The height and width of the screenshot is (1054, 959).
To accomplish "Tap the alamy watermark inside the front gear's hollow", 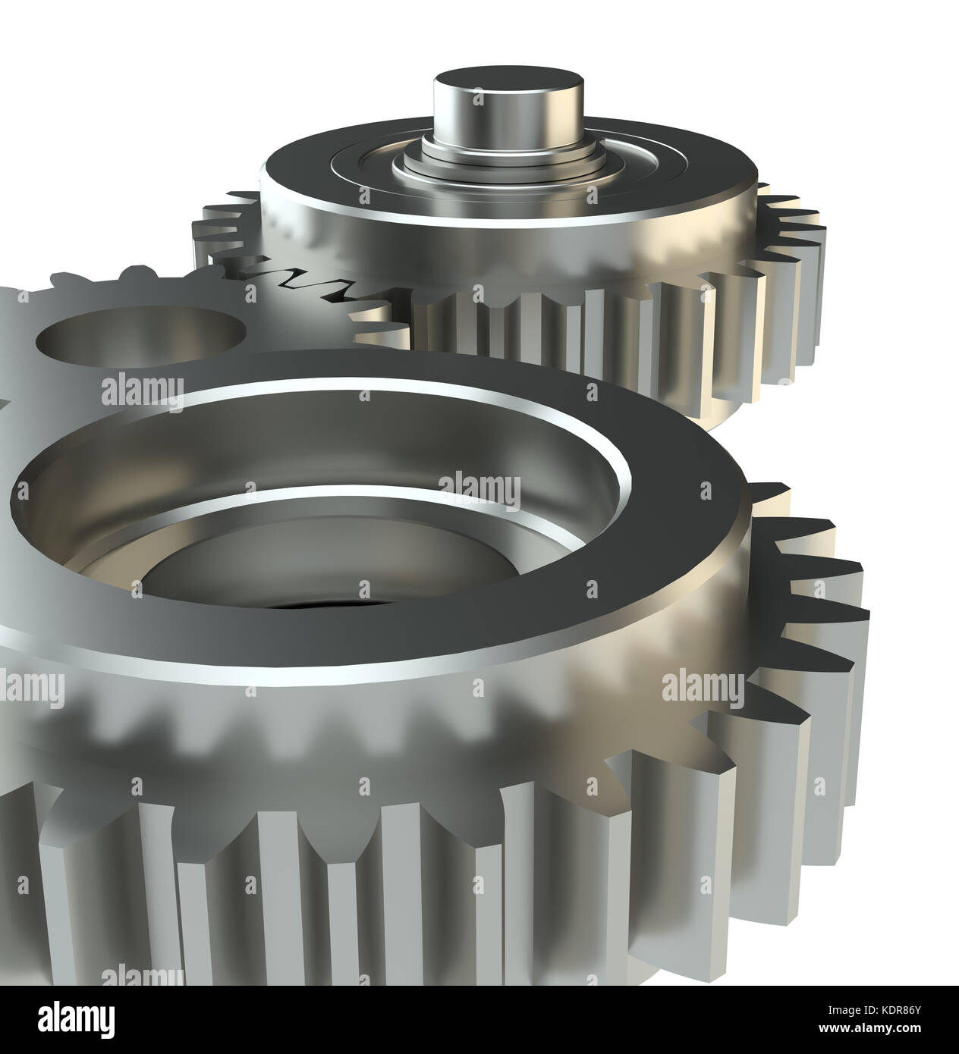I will point(479,488).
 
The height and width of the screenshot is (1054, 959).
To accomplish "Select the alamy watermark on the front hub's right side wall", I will point(698,686).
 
